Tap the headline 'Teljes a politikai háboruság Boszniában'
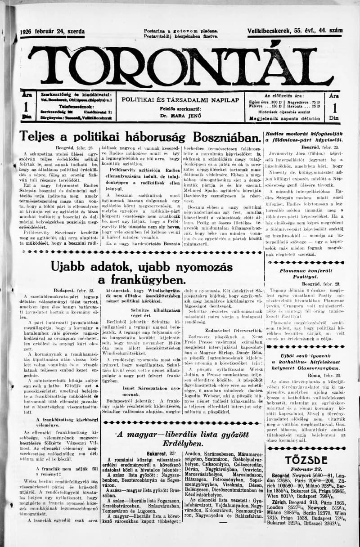click(140, 137)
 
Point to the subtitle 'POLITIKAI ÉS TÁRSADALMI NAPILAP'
click(180, 99)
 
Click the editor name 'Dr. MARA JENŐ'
click(180, 116)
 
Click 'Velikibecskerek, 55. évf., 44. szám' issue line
click(295, 31)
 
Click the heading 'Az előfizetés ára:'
click(284, 96)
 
